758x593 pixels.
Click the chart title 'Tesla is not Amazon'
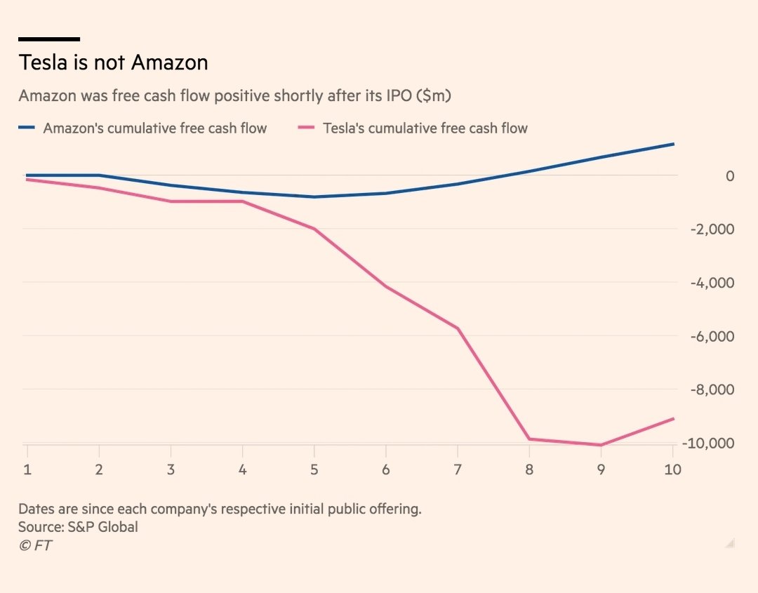coord(113,63)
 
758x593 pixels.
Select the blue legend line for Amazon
coord(27,128)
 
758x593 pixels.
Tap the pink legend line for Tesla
coord(307,128)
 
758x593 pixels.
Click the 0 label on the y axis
coord(711,176)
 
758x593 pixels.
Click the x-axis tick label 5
coord(314,469)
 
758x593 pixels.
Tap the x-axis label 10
coord(672,469)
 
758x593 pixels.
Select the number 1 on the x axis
coord(27,469)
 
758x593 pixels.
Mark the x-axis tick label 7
coord(458,469)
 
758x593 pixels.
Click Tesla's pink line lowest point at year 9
coord(601,445)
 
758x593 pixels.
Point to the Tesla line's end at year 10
coord(673,419)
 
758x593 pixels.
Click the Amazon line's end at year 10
coord(673,144)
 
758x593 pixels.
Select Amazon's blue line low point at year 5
coord(314,196)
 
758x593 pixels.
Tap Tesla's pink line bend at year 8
coord(529,439)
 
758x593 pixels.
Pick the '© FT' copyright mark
coord(35,545)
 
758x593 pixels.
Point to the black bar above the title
coord(48,39)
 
